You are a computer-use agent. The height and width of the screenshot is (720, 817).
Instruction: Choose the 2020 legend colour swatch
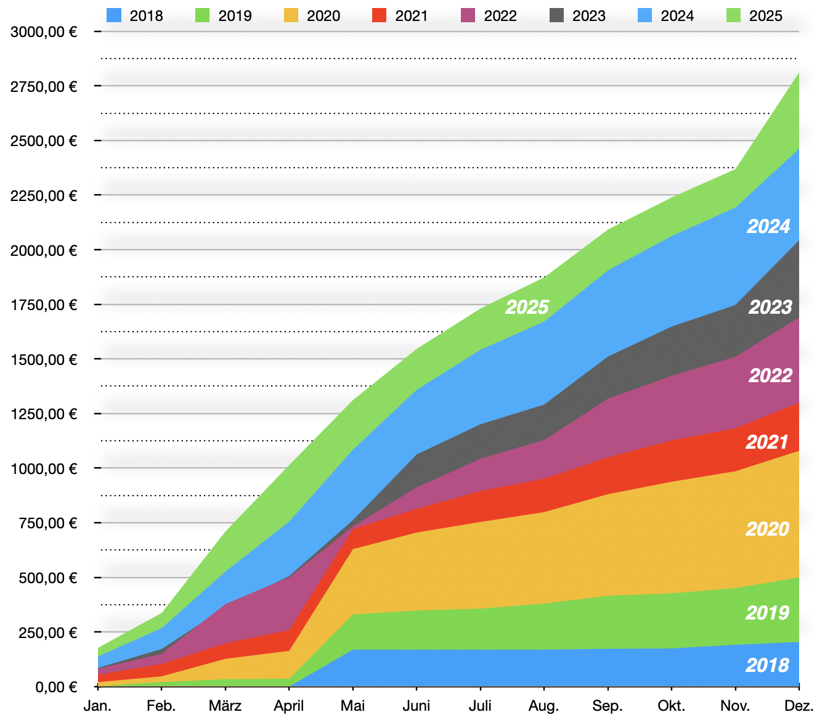pyautogui.click(x=291, y=15)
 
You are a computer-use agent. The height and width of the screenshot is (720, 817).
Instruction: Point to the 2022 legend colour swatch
pyautogui.click(x=468, y=15)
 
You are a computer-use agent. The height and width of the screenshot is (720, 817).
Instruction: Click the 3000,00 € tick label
pyautogui.click(x=44, y=31)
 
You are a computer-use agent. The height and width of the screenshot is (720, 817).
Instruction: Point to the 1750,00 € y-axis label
pyautogui.click(x=44, y=305)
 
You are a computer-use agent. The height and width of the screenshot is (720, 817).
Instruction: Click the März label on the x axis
pyautogui.click(x=225, y=706)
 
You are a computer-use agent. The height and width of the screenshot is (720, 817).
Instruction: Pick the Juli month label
pyautogui.click(x=480, y=706)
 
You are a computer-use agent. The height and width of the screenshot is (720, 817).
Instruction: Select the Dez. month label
pyautogui.click(x=800, y=706)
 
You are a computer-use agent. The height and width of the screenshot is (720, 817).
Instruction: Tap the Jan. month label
pyautogui.click(x=97, y=706)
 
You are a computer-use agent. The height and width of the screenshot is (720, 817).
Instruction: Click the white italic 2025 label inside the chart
pyautogui.click(x=527, y=307)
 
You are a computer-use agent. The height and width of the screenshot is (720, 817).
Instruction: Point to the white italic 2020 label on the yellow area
pyautogui.click(x=767, y=529)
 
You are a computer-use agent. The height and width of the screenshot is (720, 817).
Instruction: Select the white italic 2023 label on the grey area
pyautogui.click(x=770, y=307)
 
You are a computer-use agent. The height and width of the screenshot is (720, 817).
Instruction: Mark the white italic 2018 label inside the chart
pyautogui.click(x=767, y=665)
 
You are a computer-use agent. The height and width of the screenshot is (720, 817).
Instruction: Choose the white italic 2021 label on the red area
pyautogui.click(x=767, y=442)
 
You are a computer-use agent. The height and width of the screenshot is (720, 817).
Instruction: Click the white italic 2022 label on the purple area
pyautogui.click(x=770, y=375)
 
